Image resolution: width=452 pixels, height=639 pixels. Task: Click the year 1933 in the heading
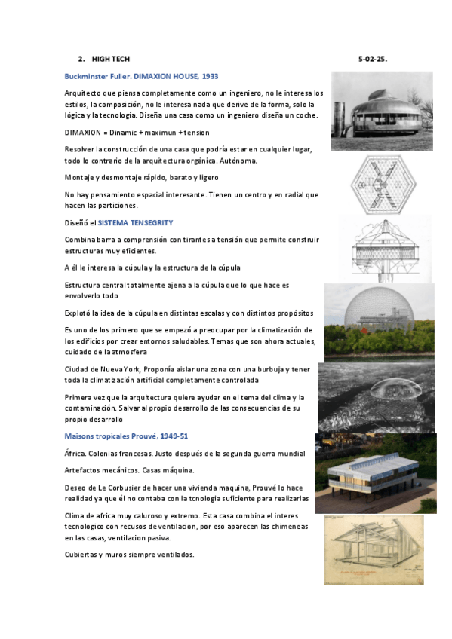(211, 76)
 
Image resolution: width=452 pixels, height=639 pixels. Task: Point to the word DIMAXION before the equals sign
(82, 132)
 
